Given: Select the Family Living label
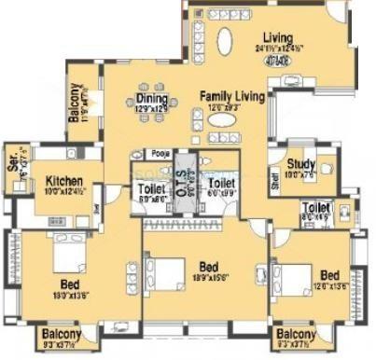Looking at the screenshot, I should tap(232, 97).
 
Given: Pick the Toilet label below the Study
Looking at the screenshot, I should tap(316, 207).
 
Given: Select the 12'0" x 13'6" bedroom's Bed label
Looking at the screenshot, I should tap(328, 276).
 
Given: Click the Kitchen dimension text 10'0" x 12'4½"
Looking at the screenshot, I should tap(62, 191).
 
